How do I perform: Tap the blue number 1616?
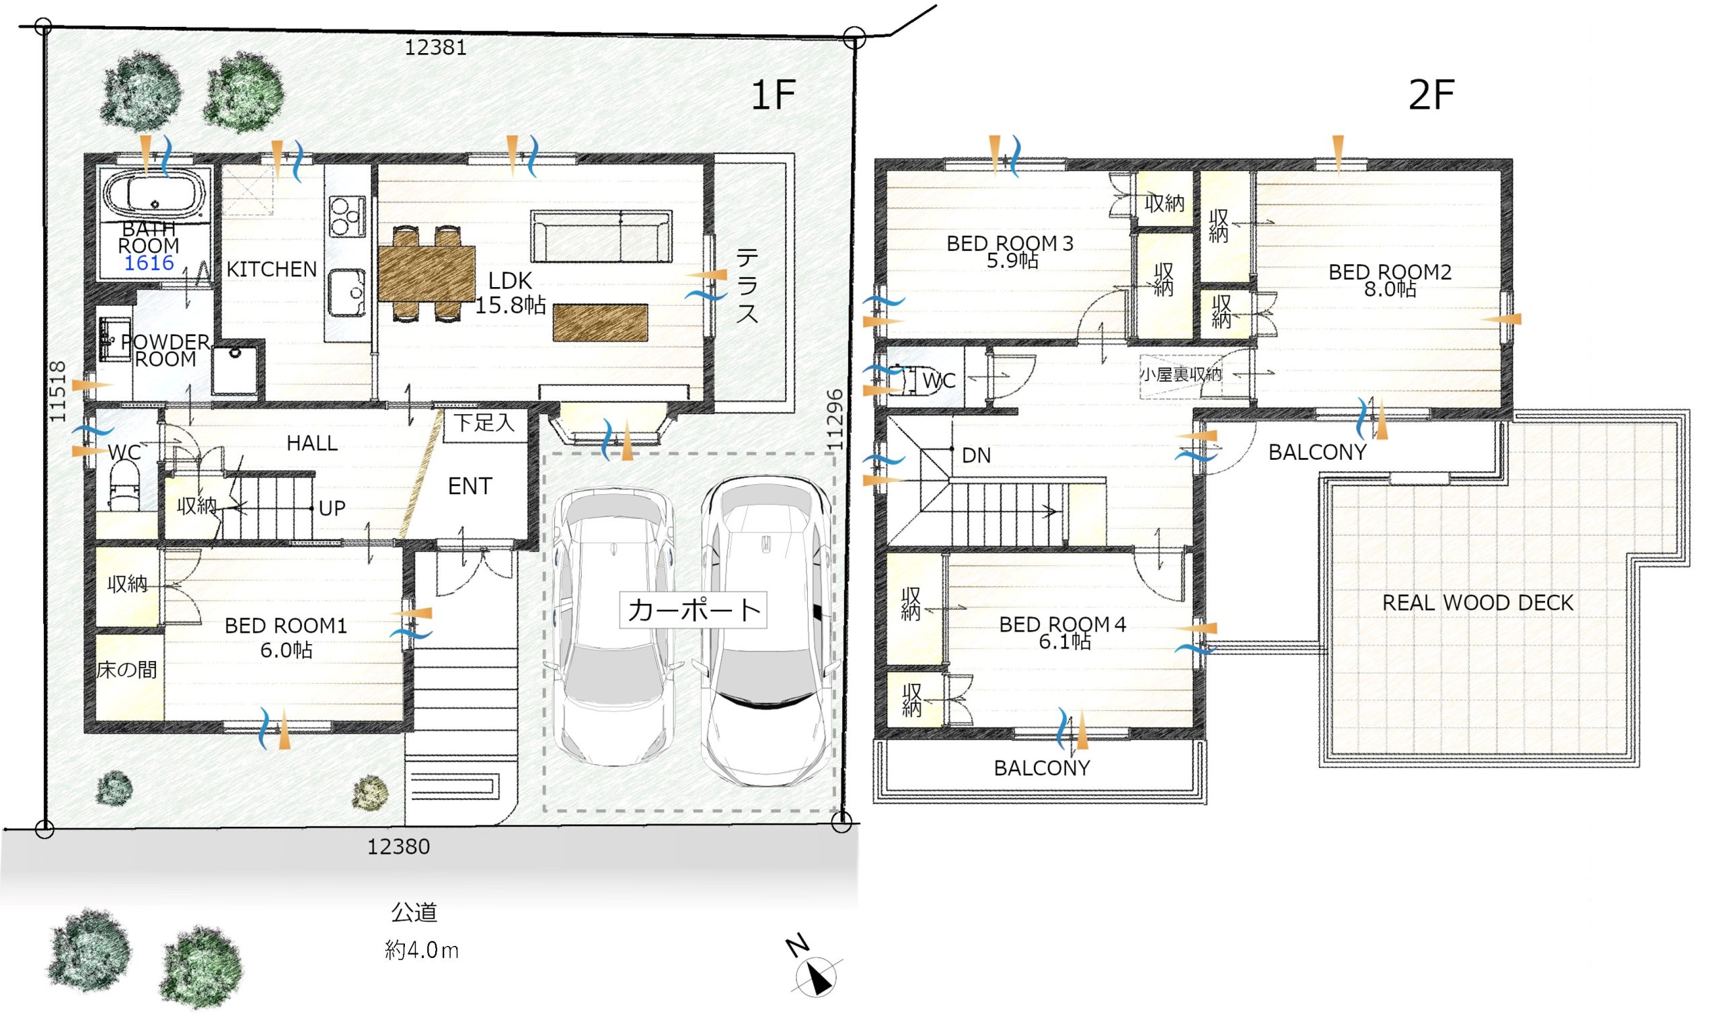pyautogui.click(x=149, y=263)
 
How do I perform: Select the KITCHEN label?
pyautogui.click(x=271, y=270)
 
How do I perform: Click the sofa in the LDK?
pyautogui.click(x=601, y=237)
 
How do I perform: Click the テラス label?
pyautogui.click(x=747, y=286)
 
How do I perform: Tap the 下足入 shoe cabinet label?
pyautogui.click(x=484, y=422)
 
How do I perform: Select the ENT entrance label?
pyautogui.click(x=470, y=487)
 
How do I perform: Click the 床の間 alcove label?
pyautogui.click(x=126, y=669)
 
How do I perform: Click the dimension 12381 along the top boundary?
pyautogui.click(x=435, y=48)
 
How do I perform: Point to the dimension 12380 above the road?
pyautogui.click(x=398, y=846)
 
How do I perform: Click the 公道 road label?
pyautogui.click(x=414, y=912)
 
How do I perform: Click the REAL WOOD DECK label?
pyautogui.click(x=1477, y=603)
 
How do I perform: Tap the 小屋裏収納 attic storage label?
pyautogui.click(x=1181, y=375)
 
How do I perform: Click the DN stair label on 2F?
pyautogui.click(x=976, y=455)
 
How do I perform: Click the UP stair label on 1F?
pyautogui.click(x=332, y=508)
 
